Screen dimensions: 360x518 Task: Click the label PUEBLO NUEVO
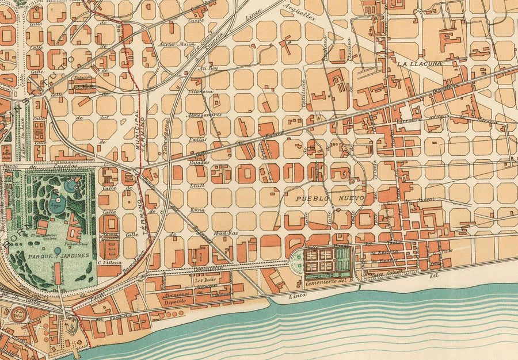330,198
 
